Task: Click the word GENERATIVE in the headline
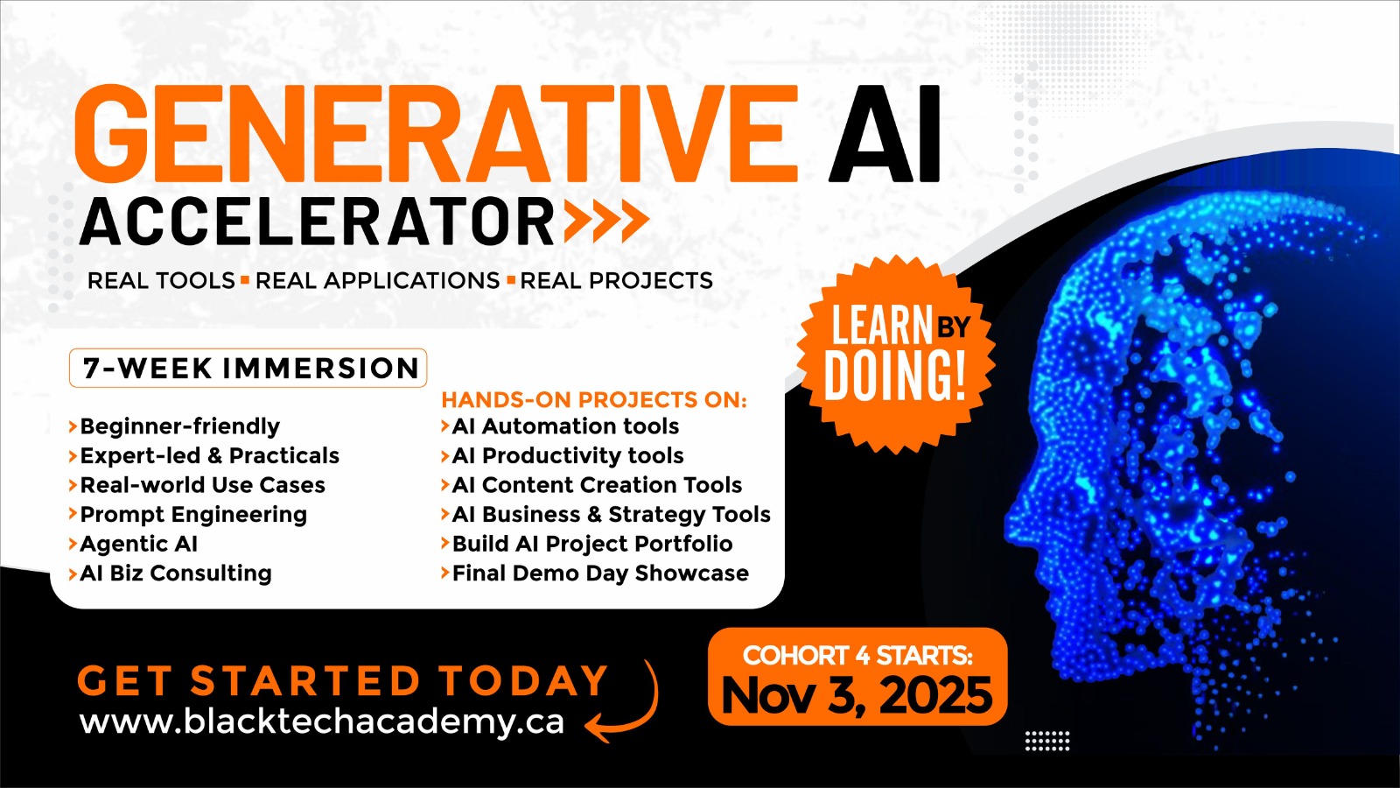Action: point(437,133)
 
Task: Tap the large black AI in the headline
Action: point(885,133)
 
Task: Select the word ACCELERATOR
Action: point(316,221)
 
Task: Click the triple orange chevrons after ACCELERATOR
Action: point(606,221)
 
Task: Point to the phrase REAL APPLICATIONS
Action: point(377,281)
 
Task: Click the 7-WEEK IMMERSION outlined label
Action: point(248,368)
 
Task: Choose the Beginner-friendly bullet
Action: point(174,426)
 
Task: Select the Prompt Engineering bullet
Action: point(187,515)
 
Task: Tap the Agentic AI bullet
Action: point(133,544)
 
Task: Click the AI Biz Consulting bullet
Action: point(170,573)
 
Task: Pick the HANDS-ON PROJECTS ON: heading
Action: point(594,399)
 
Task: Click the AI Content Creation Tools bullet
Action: point(591,485)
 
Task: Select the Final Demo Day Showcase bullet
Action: point(595,573)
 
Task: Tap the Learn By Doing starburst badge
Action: point(896,355)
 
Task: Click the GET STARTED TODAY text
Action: point(342,680)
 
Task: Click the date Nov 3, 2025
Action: point(857,695)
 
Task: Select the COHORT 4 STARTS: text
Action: point(857,656)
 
